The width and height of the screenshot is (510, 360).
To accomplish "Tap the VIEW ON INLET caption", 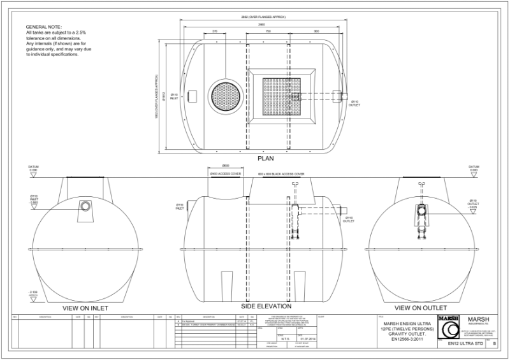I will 85,308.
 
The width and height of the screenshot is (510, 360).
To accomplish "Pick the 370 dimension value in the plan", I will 215,31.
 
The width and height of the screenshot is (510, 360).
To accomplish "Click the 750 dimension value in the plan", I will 268,31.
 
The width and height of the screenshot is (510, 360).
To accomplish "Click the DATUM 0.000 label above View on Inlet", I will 34,169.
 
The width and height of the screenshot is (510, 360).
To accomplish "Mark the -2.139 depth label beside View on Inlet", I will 33,292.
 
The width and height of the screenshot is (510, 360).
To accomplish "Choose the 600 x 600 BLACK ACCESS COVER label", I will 281,173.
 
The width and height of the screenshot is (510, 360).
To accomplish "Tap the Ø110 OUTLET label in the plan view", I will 354,103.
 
